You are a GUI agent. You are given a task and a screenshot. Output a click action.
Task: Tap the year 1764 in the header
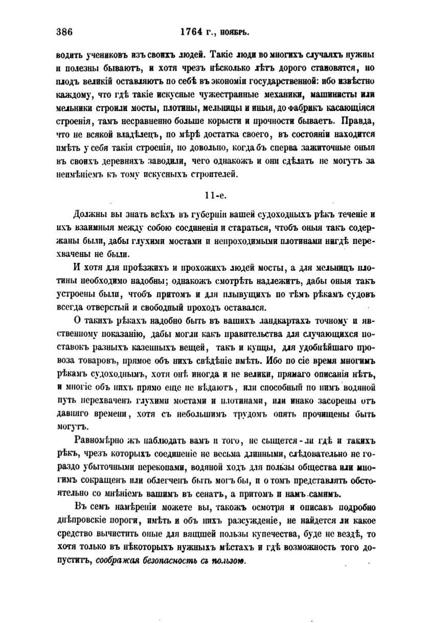(x=192, y=32)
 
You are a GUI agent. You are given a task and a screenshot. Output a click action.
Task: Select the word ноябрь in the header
(x=235, y=32)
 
